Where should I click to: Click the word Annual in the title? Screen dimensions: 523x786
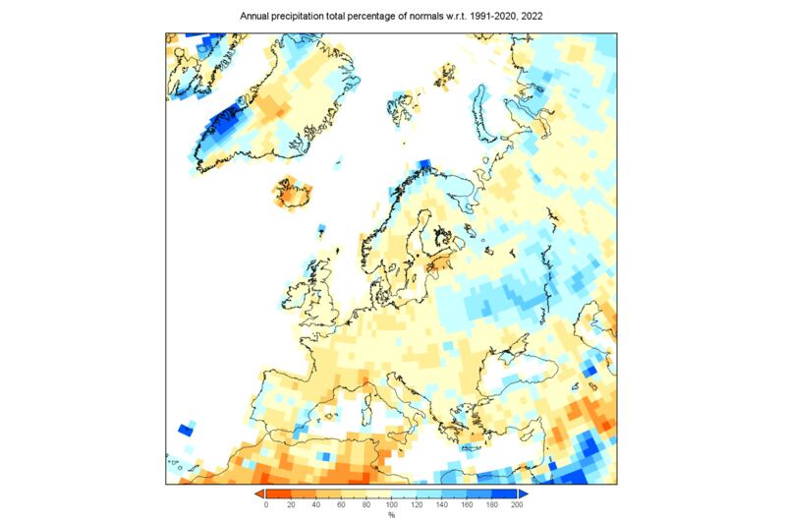pos(254,17)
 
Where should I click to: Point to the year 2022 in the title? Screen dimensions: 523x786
pos(532,17)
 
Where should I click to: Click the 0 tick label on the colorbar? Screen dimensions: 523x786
pos(265,504)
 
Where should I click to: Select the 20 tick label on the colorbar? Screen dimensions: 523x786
pos(291,504)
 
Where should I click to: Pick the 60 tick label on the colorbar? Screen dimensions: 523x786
pos(341,504)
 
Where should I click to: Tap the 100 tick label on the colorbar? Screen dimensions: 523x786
pos(391,504)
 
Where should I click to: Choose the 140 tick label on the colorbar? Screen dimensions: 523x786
pos(442,504)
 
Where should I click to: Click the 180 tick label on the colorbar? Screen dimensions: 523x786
pos(492,504)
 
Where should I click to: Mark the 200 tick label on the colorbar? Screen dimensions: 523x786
pos(517,504)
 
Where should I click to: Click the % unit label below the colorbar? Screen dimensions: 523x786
pos(391,515)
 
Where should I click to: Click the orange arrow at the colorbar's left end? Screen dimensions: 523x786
pos(258,493)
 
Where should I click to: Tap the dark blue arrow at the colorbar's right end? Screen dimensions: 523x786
pos(524,493)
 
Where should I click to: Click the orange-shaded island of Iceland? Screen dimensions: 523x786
pos(294,194)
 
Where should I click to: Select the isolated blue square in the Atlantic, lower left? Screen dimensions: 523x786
pos(185,430)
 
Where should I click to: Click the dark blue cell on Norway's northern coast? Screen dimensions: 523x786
pos(425,165)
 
